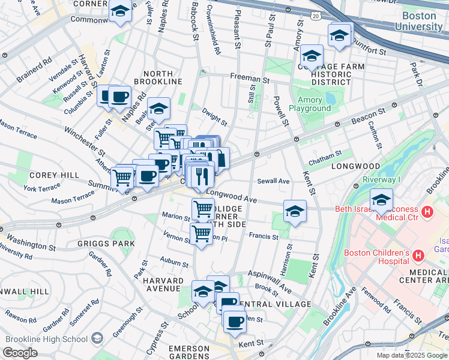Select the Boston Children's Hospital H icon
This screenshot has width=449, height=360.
click(418, 256)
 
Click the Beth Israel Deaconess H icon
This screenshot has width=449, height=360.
click(427, 212)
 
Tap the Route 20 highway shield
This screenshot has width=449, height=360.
click(316, 16)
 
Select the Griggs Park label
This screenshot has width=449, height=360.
click(106, 244)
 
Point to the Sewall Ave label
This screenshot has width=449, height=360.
click(273, 181)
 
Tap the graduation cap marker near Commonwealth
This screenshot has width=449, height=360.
click(120, 11)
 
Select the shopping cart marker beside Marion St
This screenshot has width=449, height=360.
click(203, 209)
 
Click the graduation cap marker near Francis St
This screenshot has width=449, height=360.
click(294, 211)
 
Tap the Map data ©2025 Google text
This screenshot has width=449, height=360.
click(412, 355)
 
